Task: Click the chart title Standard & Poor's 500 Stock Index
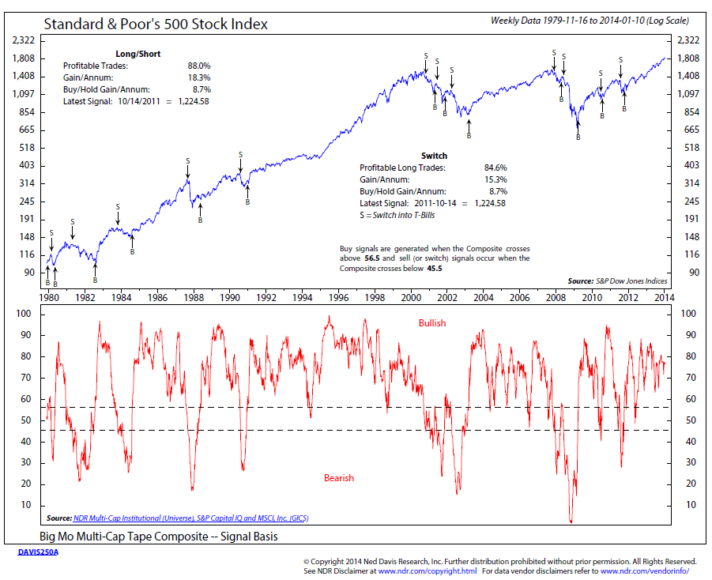point(156,24)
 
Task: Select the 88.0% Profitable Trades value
point(198,66)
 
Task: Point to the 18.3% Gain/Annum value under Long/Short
point(198,78)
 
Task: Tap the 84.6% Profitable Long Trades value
point(495,168)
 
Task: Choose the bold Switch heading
point(435,156)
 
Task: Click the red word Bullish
point(432,323)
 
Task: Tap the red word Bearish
point(339,478)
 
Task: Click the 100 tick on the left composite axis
point(24,314)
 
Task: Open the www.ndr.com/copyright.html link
point(427,571)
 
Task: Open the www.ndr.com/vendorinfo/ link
point(645,571)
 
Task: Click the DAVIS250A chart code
point(38,552)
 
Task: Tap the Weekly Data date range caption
point(590,20)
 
